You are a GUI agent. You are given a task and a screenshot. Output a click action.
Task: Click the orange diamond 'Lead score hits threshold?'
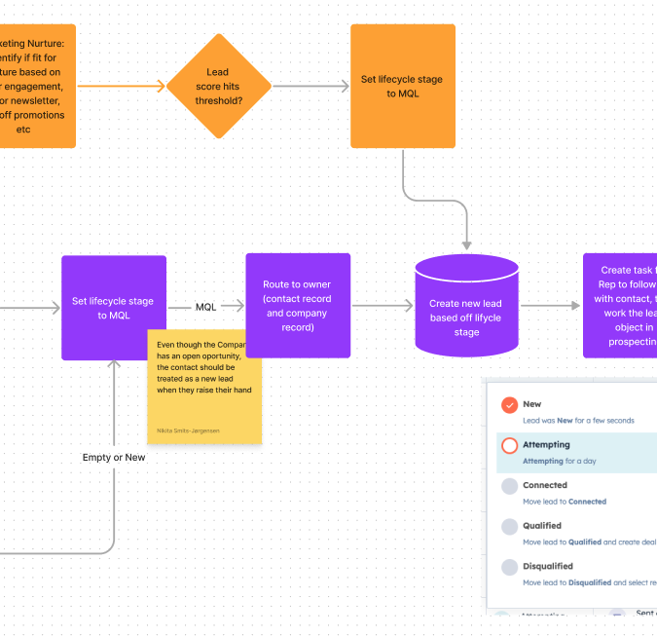(218, 86)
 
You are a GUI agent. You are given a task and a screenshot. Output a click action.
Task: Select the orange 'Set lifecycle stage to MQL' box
(402, 86)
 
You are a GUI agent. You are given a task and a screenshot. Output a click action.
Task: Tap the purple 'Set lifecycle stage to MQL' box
(113, 307)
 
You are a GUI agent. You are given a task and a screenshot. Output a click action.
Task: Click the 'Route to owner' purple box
(297, 305)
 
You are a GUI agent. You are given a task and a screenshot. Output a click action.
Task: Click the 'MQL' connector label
(206, 307)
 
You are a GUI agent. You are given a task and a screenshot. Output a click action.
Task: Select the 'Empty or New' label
(114, 457)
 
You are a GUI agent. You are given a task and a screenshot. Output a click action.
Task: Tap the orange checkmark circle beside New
(509, 405)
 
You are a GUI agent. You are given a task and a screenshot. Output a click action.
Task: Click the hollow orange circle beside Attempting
(509, 446)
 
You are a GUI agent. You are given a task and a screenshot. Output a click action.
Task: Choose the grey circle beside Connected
(509, 486)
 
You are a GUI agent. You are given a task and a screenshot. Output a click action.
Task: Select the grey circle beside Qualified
(509, 527)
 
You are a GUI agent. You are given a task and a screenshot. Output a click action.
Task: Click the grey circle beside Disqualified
(509, 568)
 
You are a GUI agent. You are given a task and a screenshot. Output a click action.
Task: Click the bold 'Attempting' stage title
(546, 445)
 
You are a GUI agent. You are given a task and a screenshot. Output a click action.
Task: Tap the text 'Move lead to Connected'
(565, 502)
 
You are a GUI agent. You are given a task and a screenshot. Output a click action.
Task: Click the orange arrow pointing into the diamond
(122, 86)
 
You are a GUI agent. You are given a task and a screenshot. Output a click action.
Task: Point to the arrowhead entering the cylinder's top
(466, 243)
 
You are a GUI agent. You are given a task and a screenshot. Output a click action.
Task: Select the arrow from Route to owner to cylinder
(382, 306)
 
